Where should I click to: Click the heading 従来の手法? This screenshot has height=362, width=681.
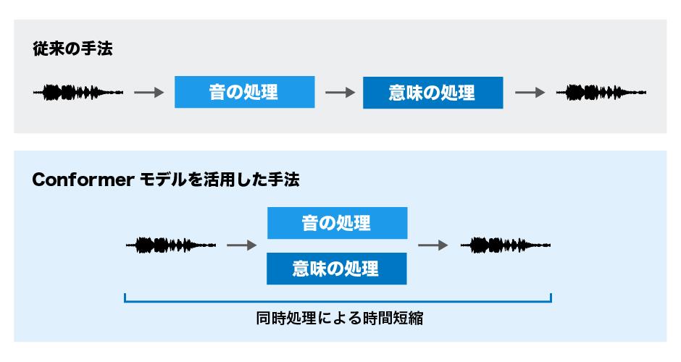click(x=72, y=49)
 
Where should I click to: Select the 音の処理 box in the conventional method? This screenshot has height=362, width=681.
click(x=244, y=93)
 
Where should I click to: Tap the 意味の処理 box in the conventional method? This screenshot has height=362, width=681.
click(x=433, y=93)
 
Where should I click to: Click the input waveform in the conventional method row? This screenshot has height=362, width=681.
click(x=78, y=93)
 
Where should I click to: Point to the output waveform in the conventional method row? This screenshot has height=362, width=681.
click(x=601, y=93)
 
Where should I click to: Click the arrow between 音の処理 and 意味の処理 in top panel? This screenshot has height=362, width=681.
click(x=339, y=93)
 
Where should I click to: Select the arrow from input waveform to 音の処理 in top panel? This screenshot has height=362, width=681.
click(x=149, y=93)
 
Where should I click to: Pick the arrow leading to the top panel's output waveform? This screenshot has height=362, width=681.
click(x=529, y=93)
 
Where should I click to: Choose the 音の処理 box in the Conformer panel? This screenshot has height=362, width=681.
click(x=337, y=223)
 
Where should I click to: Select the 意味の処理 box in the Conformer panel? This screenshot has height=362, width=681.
click(x=337, y=269)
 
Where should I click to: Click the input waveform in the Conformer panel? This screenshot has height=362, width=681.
click(x=170, y=245)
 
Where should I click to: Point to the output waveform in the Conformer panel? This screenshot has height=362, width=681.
click(x=505, y=245)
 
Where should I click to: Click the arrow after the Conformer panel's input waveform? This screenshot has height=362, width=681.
click(x=242, y=245)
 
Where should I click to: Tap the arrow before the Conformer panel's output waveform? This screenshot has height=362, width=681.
click(x=433, y=245)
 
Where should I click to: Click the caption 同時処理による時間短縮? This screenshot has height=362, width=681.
click(x=339, y=319)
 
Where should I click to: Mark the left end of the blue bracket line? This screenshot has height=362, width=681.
click(x=125, y=298)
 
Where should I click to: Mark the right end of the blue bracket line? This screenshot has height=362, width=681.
click(x=551, y=298)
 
